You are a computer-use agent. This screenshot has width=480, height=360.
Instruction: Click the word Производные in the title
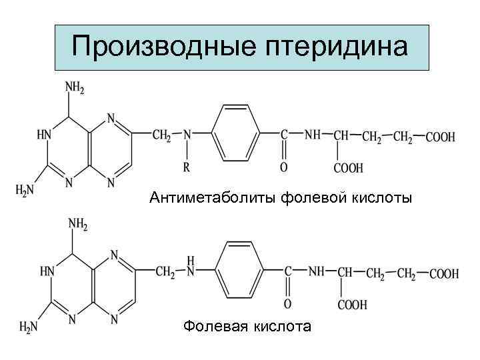(x=159, y=46)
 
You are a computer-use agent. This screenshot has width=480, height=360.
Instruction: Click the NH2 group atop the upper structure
(x=74, y=87)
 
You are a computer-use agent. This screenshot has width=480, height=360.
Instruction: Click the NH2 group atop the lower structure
(x=77, y=225)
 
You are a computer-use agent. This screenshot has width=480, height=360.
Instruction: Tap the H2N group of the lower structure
(x=29, y=327)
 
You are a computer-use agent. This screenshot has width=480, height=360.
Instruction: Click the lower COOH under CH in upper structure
(x=348, y=169)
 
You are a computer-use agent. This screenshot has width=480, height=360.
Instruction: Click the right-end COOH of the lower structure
(x=444, y=273)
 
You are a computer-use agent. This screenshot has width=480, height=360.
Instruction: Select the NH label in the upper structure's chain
(x=312, y=135)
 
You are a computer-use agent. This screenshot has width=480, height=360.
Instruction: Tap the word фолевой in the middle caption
(x=311, y=197)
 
